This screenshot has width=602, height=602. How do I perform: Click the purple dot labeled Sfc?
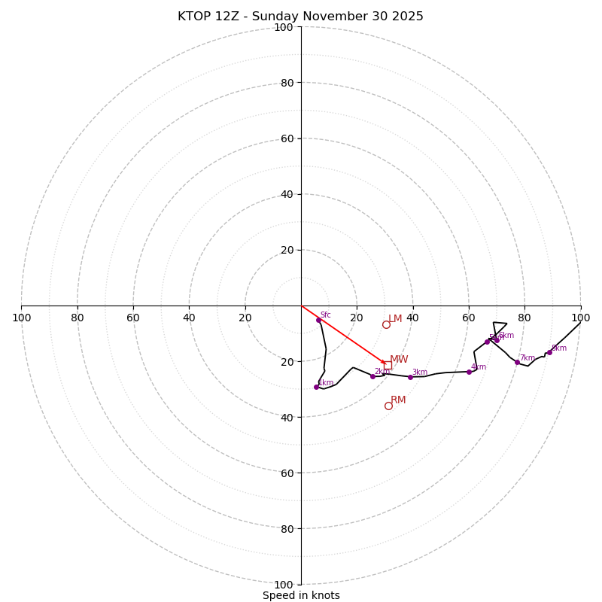[318, 320]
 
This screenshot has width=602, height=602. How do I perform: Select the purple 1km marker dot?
[316, 387]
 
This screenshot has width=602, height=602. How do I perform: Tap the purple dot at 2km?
[372, 376]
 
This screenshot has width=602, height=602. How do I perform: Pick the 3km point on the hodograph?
[410, 377]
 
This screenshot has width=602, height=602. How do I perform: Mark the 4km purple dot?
[469, 372]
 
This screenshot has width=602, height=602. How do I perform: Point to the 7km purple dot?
[517, 362]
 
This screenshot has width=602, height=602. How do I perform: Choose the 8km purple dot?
[549, 352]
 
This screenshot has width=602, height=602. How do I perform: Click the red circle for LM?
[386, 325]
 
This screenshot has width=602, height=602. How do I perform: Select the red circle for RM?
[388, 406]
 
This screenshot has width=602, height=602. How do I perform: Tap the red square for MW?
[388, 365]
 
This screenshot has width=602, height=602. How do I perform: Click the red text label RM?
[398, 400]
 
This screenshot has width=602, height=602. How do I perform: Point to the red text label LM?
[395, 319]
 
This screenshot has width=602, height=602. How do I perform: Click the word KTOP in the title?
[195, 17]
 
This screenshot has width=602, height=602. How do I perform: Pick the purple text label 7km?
[527, 358]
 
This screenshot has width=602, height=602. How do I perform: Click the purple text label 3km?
[419, 372]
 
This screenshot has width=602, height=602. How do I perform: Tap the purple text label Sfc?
[325, 315]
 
